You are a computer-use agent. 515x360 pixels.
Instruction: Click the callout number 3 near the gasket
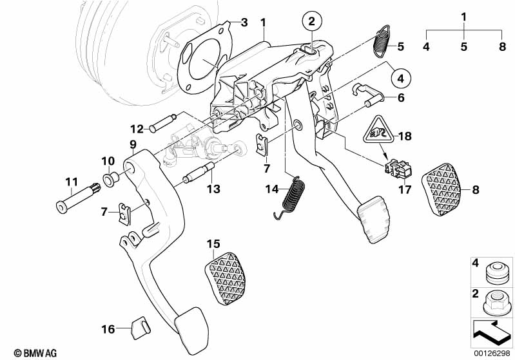244,23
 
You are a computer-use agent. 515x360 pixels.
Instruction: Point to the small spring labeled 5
383,42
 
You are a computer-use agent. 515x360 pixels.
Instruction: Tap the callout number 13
213,189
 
